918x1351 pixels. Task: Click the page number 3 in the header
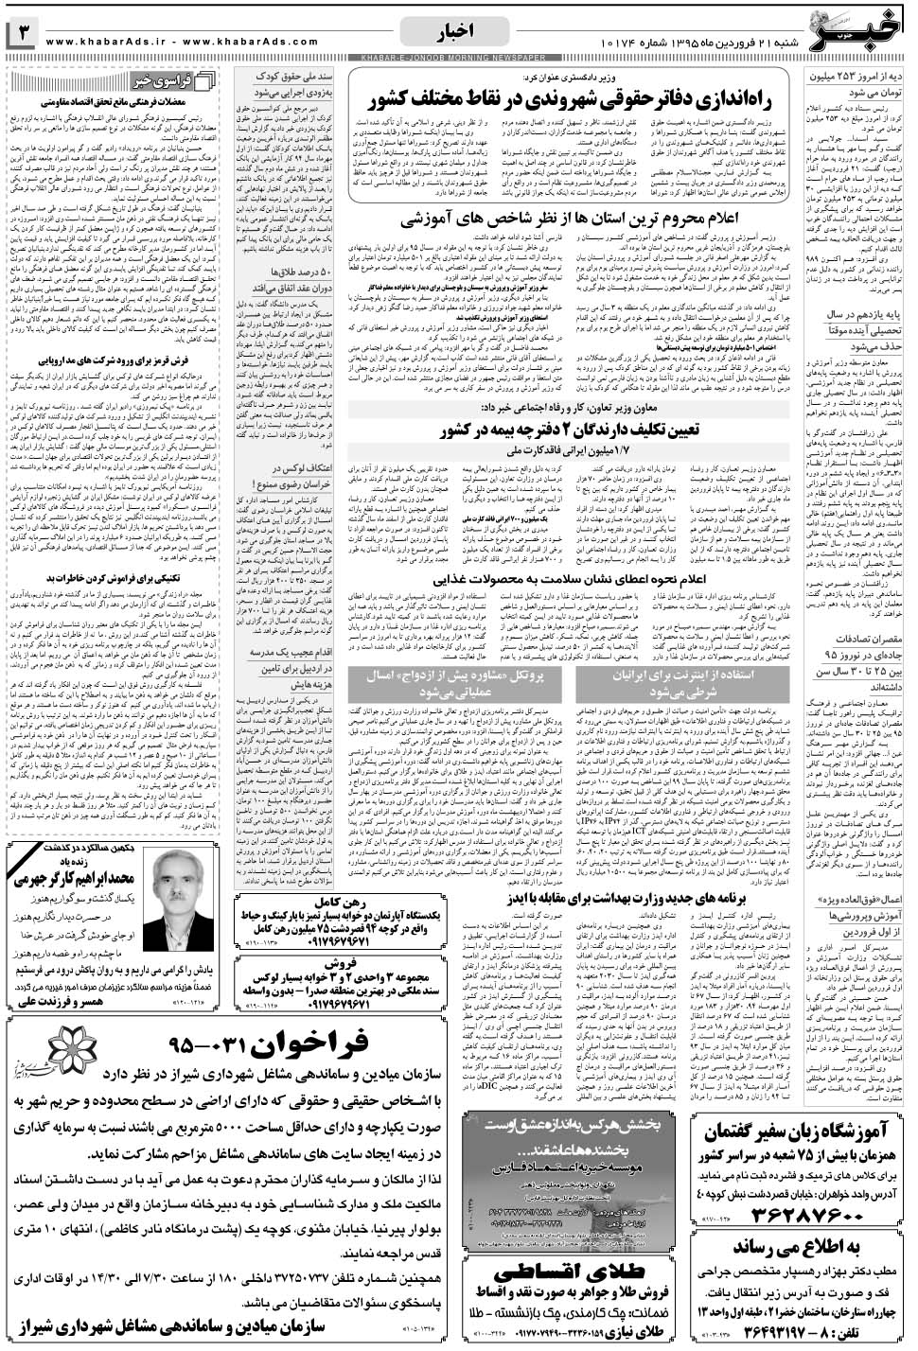point(24,36)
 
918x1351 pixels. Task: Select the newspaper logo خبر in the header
point(861,28)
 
